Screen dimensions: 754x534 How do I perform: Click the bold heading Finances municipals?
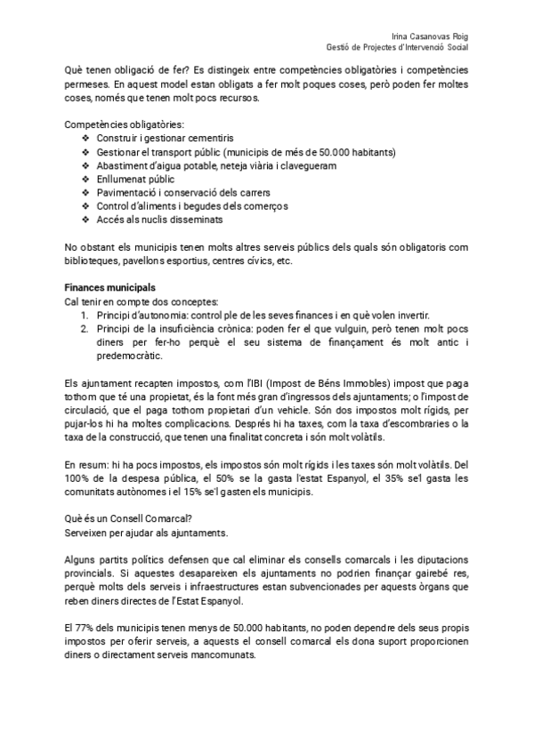coord(110,288)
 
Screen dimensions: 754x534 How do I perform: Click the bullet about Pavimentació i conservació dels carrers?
coord(183,192)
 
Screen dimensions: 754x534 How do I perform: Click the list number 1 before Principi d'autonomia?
coord(85,315)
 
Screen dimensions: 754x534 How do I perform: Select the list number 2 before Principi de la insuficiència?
coord(85,328)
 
